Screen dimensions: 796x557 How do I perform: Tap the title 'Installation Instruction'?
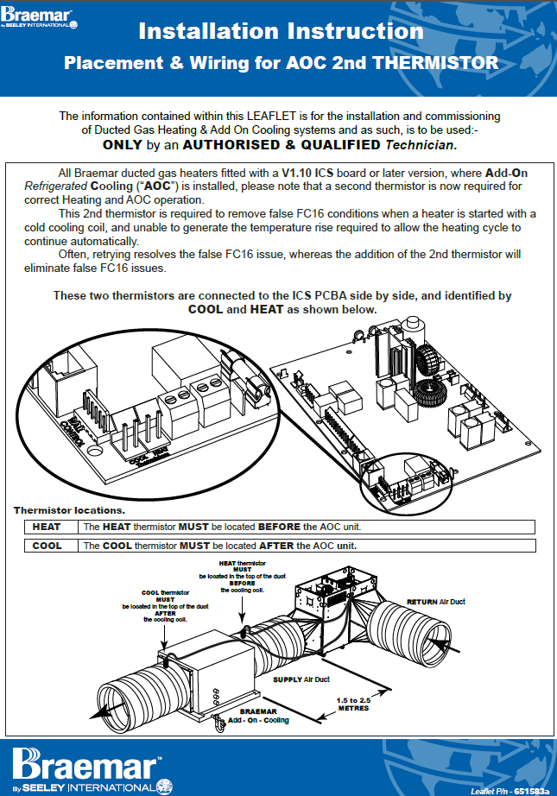tap(281, 31)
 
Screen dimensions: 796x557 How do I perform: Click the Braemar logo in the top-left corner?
tap(38, 15)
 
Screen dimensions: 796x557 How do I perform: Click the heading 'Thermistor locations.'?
tap(69, 510)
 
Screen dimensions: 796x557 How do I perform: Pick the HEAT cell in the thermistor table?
tap(47, 527)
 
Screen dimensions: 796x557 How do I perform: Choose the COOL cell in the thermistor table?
tap(47, 546)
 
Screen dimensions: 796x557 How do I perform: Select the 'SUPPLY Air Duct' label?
tap(302, 679)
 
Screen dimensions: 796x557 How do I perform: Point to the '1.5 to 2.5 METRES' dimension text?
tap(352, 703)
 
